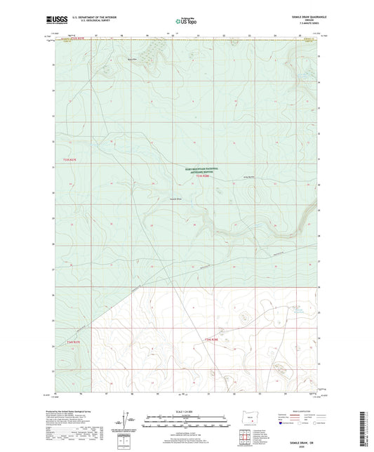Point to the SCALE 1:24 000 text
[186, 411]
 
